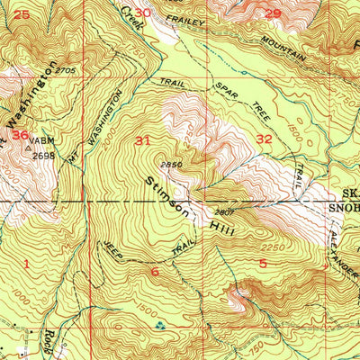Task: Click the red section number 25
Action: click(x=22, y=13)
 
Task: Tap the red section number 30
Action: click(x=169, y=13)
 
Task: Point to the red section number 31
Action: click(x=142, y=140)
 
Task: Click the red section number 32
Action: click(x=264, y=139)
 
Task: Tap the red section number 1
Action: click(x=28, y=264)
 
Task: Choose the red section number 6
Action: click(x=154, y=271)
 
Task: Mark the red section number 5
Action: click(x=263, y=263)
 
